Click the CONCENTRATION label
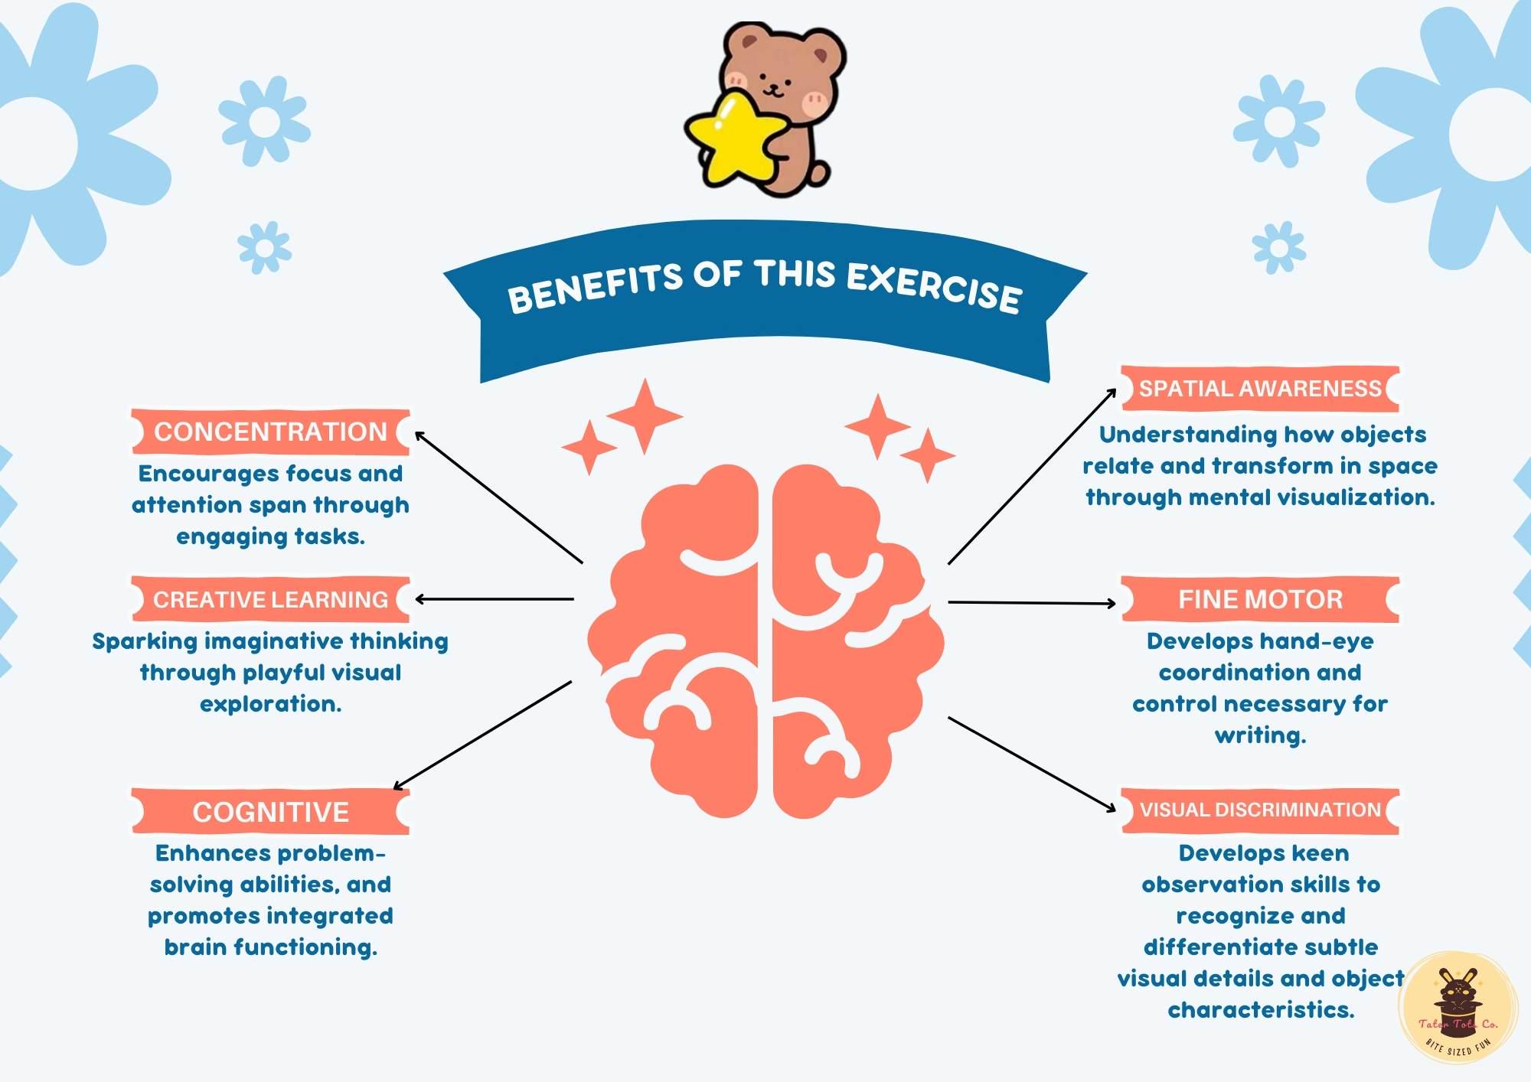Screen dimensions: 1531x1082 (x=270, y=432)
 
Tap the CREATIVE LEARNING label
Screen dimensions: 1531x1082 (x=270, y=599)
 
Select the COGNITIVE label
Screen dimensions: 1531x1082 (x=270, y=811)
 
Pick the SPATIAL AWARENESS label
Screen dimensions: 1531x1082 (x=1260, y=389)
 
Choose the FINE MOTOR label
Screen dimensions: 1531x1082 (x=1260, y=599)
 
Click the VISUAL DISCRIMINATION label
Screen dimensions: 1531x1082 (x=1260, y=810)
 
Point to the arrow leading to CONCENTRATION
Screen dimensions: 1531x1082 (x=498, y=497)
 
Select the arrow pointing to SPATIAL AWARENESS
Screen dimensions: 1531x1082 (x=1032, y=476)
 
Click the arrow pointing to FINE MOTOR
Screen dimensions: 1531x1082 (x=1032, y=603)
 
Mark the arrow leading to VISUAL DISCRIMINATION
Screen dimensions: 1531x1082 (x=1032, y=764)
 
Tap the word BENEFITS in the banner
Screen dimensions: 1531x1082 (x=595, y=287)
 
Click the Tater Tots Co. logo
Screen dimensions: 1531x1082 (x=1458, y=1009)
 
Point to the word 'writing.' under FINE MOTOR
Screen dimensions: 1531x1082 (x=1260, y=735)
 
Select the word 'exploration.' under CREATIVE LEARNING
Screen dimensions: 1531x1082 (x=270, y=704)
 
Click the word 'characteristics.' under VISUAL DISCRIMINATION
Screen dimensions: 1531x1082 (x=1261, y=1010)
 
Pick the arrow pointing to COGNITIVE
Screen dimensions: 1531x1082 (x=482, y=735)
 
